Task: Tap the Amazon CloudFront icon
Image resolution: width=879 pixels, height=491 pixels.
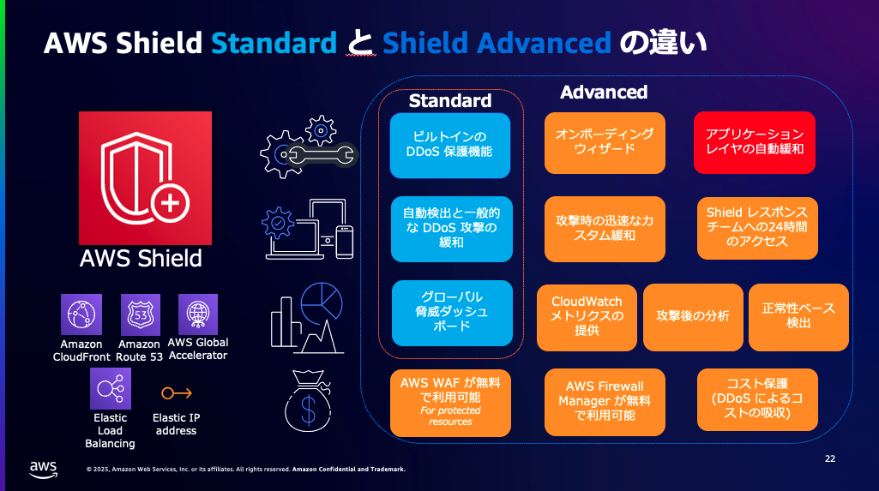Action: [81, 314]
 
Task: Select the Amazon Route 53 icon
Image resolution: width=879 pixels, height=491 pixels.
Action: [140, 314]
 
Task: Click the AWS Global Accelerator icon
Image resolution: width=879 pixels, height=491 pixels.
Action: [197, 314]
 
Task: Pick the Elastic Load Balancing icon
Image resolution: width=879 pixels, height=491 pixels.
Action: [111, 388]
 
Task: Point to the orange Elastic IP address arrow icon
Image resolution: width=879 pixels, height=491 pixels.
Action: [177, 393]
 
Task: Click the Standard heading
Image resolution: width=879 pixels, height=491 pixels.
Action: [450, 101]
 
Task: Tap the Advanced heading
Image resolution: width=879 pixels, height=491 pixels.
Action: [604, 92]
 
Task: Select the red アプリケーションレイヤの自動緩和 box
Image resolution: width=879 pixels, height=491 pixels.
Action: [755, 142]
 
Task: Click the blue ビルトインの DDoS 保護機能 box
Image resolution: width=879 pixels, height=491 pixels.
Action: [450, 143]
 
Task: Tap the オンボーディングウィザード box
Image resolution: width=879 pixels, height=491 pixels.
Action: [605, 142]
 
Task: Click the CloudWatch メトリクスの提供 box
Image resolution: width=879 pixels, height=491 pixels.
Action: [587, 316]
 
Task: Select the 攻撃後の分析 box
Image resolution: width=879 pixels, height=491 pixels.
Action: [693, 316]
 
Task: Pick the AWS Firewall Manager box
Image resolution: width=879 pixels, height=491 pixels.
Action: [605, 400]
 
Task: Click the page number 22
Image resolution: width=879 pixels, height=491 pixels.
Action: [830, 458]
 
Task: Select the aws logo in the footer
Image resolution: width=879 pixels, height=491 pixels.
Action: [43, 467]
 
